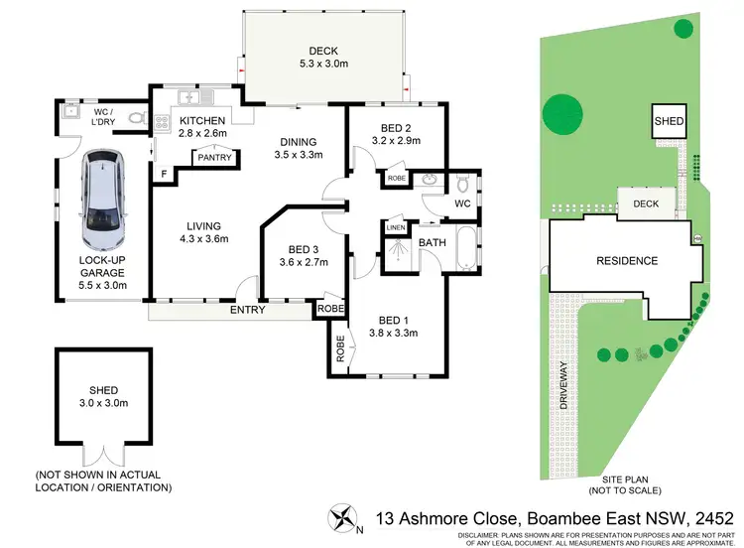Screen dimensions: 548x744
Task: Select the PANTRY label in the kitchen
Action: coord(213,157)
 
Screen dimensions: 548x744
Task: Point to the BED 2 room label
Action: coord(395,127)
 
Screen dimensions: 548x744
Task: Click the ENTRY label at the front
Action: coord(248,311)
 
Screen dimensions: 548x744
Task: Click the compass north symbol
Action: coord(341,517)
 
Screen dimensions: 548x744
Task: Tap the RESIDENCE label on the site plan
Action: coord(626,261)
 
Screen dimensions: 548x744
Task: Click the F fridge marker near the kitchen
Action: coord(164,175)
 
